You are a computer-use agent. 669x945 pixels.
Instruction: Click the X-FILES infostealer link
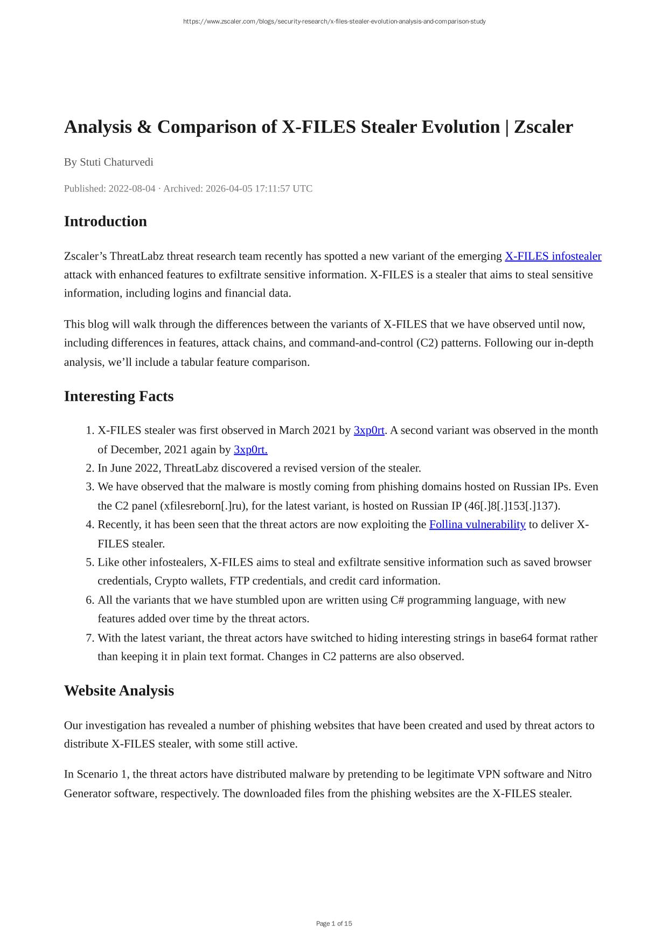click(553, 256)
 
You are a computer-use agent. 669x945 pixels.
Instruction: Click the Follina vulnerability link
click(477, 525)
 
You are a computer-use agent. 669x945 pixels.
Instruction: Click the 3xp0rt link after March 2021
click(369, 431)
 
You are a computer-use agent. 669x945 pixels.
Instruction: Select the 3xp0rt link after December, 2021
click(250, 450)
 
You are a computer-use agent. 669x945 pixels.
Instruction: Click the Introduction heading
click(106, 222)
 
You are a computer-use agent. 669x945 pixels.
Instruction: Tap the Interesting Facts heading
click(119, 397)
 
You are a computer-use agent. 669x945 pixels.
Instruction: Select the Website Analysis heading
click(119, 691)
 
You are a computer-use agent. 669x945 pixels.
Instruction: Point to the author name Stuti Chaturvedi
click(116, 162)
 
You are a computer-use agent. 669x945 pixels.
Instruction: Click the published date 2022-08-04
click(131, 189)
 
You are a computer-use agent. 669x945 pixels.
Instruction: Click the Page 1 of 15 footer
click(334, 923)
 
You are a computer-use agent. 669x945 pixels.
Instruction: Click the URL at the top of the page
click(334, 22)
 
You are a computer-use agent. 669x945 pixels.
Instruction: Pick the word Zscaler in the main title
click(543, 127)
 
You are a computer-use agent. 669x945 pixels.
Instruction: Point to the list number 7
click(90, 638)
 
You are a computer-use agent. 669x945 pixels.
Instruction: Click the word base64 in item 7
click(515, 638)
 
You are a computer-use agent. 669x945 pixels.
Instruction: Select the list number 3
click(90, 487)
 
